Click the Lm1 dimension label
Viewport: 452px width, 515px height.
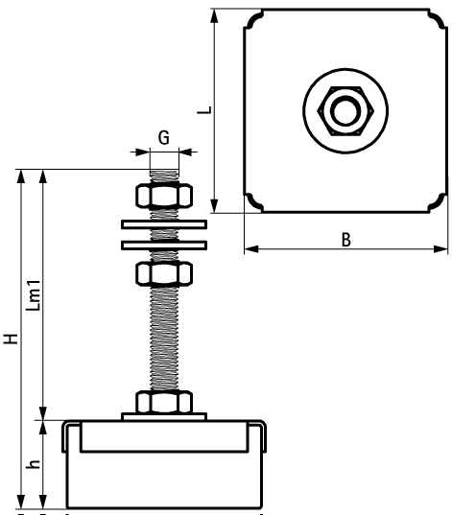32,295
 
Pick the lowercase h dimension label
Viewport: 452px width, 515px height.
32,463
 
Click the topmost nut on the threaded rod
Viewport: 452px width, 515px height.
164,196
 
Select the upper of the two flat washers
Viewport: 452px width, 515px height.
164,226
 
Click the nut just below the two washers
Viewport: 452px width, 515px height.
164,274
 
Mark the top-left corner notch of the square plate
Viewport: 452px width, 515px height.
252,19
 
